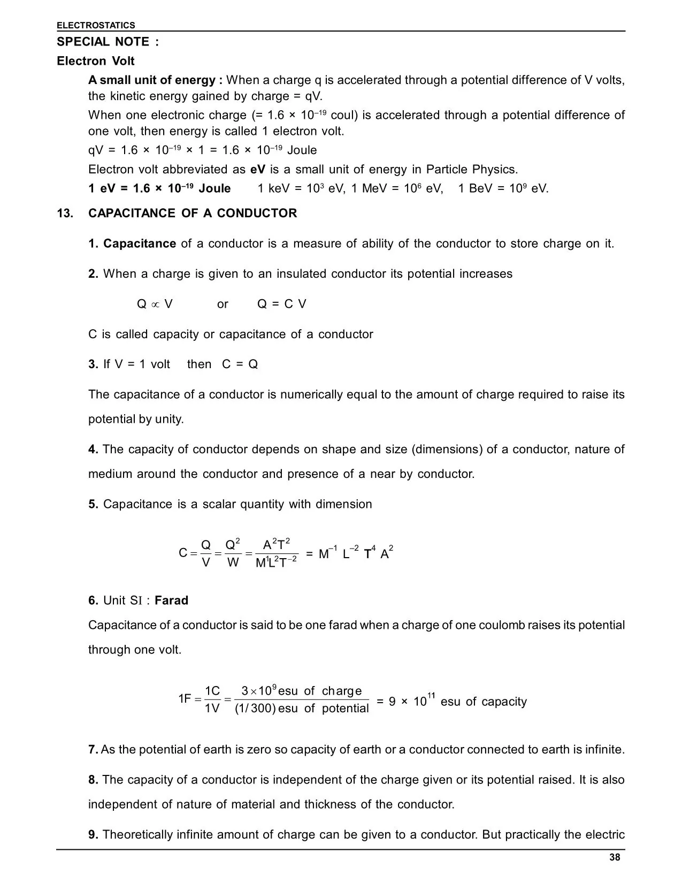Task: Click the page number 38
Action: [615, 857]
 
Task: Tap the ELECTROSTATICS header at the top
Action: [96, 25]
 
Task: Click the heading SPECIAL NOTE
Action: [108, 42]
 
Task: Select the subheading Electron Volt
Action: [96, 61]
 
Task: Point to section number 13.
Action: [65, 213]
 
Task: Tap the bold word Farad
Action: [171, 600]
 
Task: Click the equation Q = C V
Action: [281, 304]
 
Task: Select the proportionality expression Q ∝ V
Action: [155, 304]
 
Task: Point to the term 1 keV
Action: [275, 188]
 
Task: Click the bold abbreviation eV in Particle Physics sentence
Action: [258, 170]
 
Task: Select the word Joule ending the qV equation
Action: [302, 150]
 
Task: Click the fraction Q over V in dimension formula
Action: [206, 553]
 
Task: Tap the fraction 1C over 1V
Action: [212, 699]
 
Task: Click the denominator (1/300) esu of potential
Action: [302, 709]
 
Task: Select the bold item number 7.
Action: [93, 749]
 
